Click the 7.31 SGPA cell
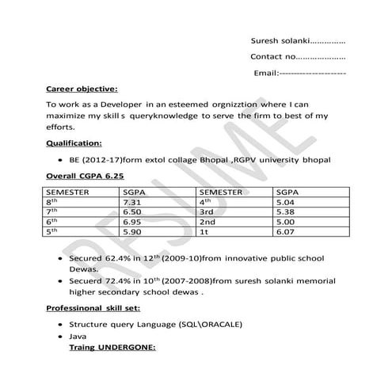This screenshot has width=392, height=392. [131, 203]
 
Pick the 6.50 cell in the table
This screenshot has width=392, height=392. [131, 213]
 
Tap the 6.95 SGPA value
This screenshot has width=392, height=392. [131, 223]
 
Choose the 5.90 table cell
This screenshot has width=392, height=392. [131, 234]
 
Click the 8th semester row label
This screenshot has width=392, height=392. [53, 203]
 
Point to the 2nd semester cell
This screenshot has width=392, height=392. [208, 223]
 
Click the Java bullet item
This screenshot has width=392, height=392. [78, 337]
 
